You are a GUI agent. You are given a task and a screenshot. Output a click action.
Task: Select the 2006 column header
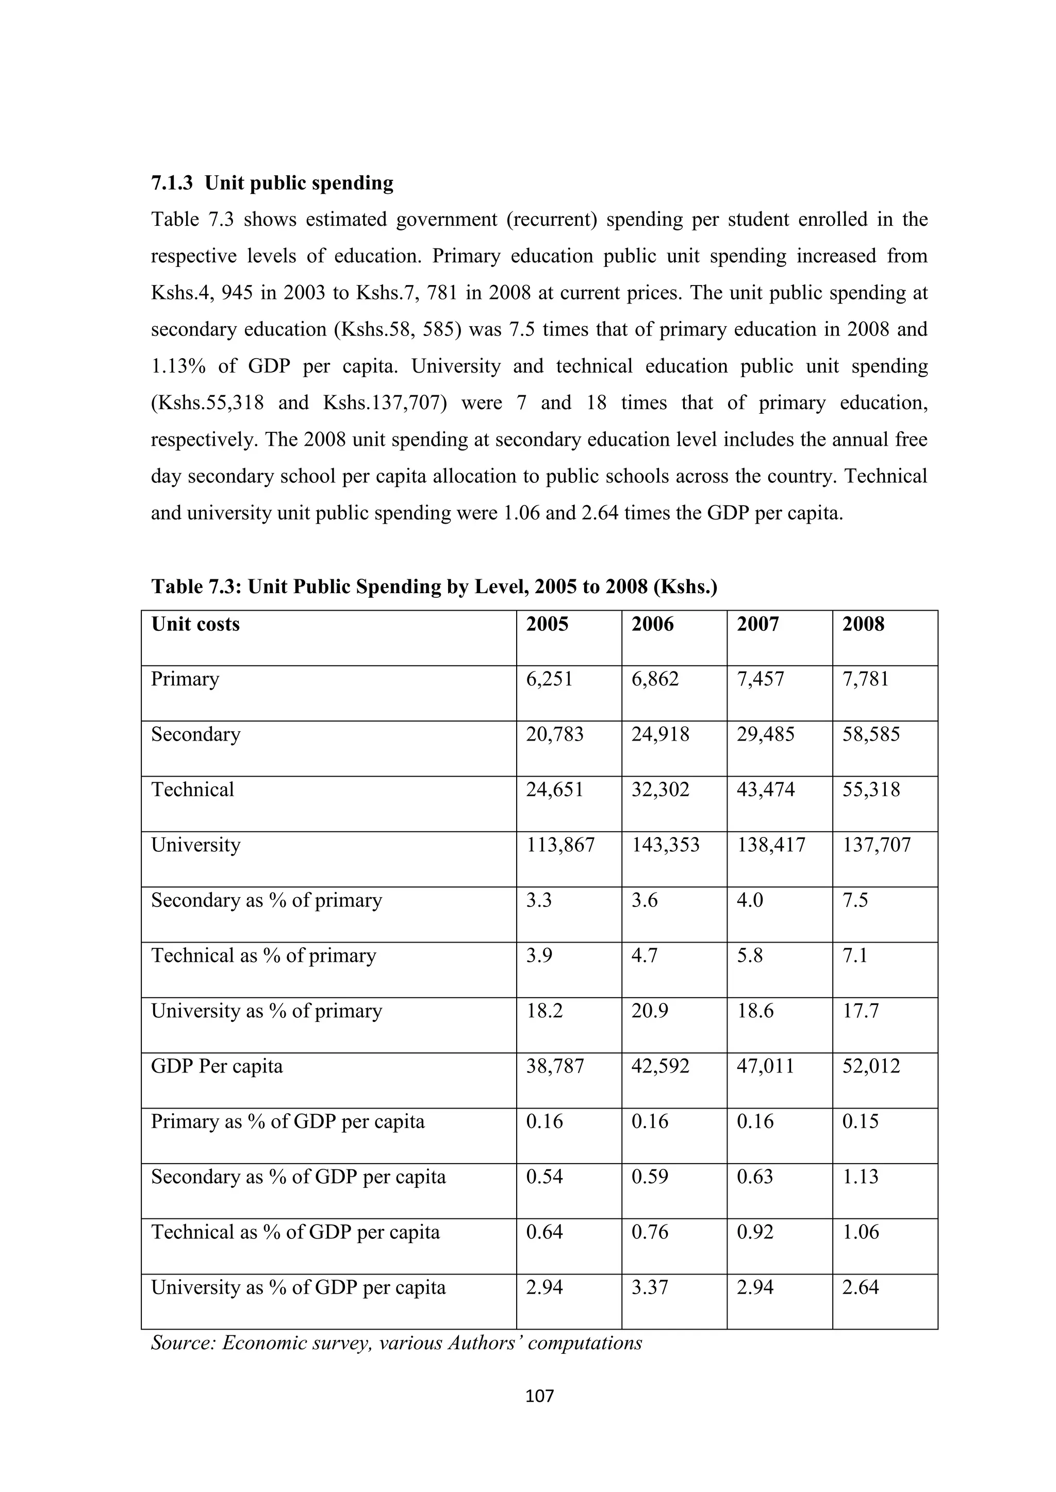[652, 625]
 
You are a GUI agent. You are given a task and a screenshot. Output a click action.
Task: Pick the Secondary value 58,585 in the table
[871, 735]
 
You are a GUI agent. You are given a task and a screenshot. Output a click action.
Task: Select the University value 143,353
[665, 845]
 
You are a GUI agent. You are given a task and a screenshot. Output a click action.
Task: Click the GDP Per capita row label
[217, 1066]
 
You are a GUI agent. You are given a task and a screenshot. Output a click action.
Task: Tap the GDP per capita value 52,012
[871, 1066]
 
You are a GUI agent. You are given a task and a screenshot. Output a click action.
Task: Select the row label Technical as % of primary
[263, 956]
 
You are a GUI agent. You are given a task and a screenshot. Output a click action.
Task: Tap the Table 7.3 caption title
[434, 587]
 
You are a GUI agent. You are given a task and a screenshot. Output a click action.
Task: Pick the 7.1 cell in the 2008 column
[854, 956]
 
